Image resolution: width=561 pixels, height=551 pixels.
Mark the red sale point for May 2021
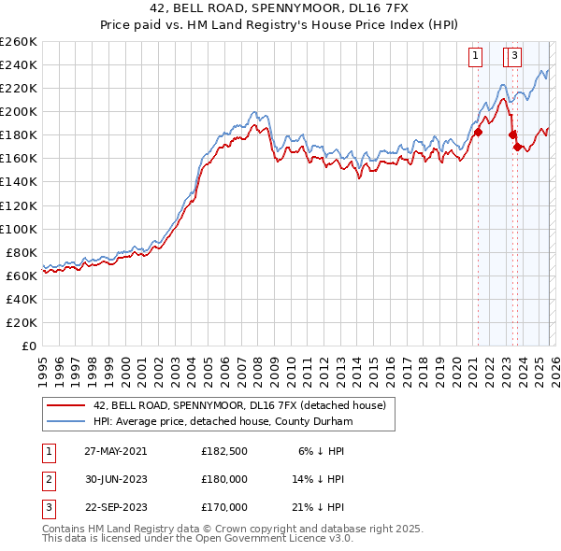point(478,132)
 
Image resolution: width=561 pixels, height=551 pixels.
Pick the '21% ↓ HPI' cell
point(317,508)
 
